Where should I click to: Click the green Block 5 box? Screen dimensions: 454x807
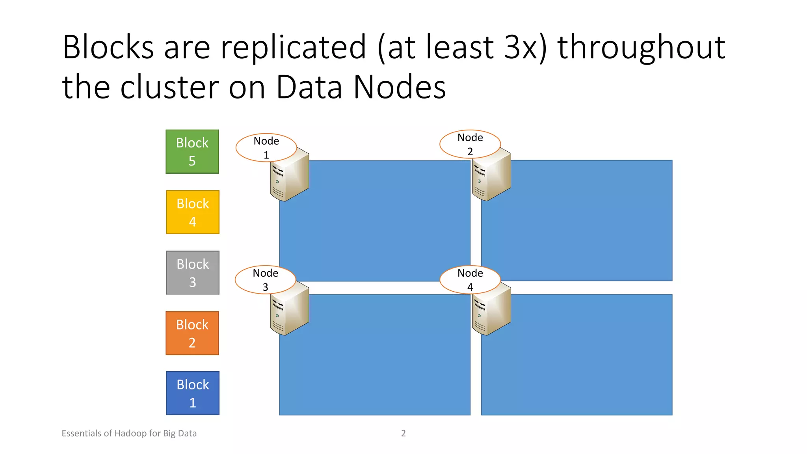pos(192,152)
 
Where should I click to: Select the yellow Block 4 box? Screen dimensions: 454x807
pos(193,212)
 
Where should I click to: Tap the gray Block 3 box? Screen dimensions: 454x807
pos(193,273)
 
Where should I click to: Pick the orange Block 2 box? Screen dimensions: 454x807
pos(192,333)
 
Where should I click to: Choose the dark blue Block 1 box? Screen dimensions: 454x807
pos(193,393)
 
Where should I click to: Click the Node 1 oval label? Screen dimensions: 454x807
pos(266,148)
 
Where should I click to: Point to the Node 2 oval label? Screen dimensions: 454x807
pos(470,144)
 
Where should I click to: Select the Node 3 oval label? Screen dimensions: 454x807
pos(266,280)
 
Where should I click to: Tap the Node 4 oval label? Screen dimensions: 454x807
pos(470,280)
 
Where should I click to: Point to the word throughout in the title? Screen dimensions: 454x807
pos(641,47)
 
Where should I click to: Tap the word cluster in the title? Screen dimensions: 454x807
pos(169,87)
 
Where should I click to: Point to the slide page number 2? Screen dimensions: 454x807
pos(403,434)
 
